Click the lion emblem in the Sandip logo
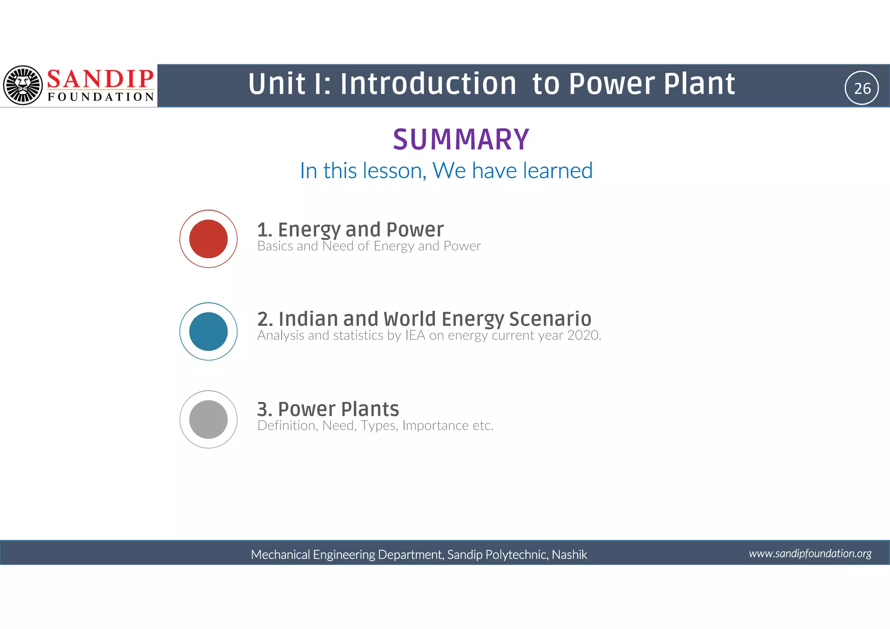tap(23, 85)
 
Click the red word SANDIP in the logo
tap(100, 79)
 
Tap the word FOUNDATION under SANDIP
tap(101, 97)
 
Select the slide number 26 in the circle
tap(862, 88)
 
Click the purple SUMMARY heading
tap(461, 140)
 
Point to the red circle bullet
tap(209, 239)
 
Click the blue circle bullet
tap(209, 331)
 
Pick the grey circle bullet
tap(209, 419)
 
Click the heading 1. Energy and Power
tap(350, 230)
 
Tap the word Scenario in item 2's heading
tap(550, 319)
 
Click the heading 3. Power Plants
tap(328, 409)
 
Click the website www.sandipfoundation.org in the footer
tap(810, 553)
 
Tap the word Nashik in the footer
tap(569, 555)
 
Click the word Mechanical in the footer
tap(280, 555)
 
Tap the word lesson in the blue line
tap(394, 170)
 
